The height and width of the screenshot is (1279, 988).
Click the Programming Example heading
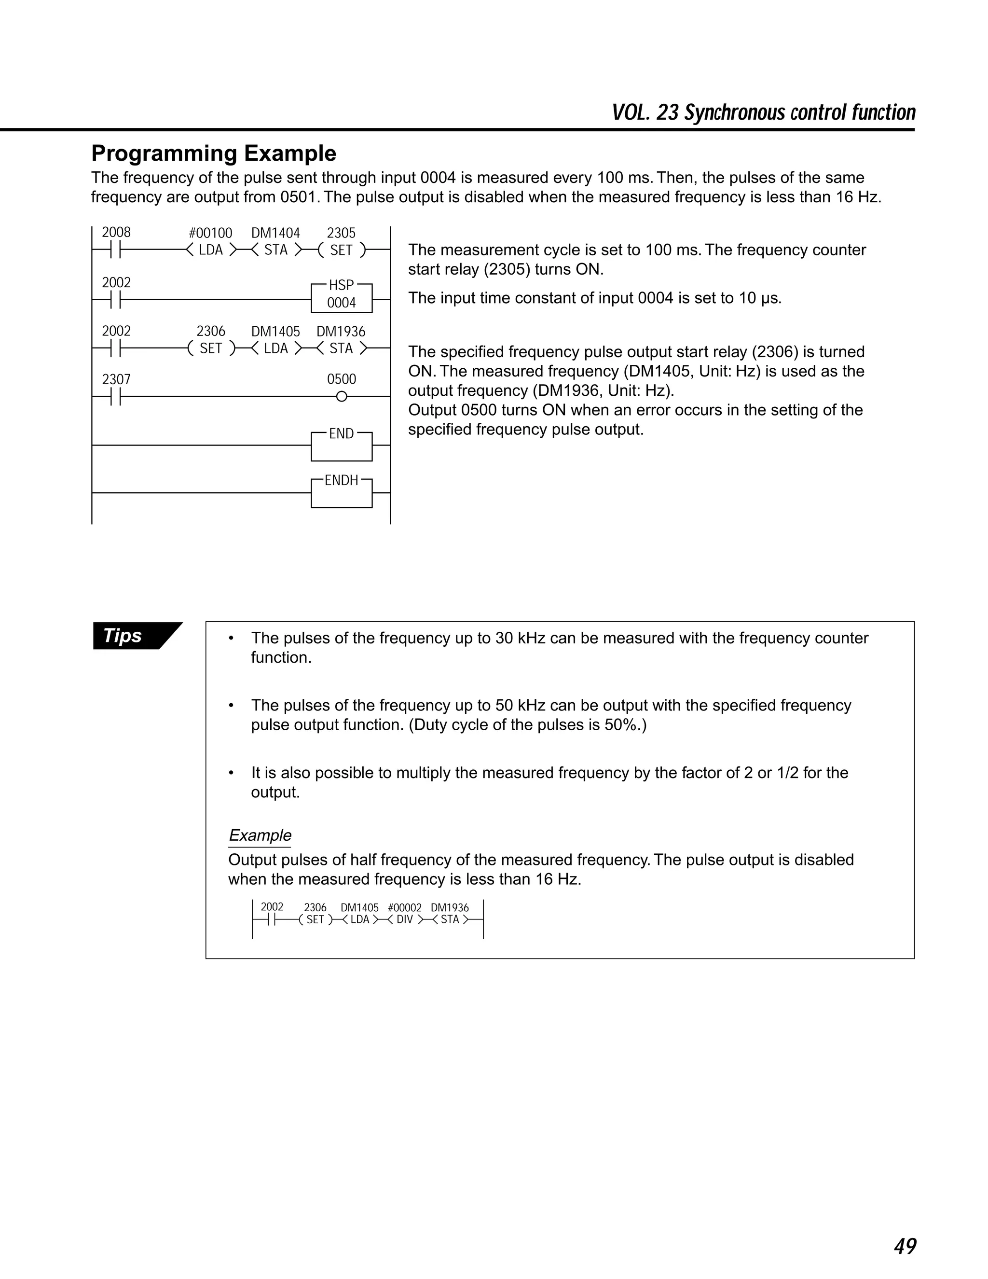tap(214, 153)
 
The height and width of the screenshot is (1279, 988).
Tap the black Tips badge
tap(130, 636)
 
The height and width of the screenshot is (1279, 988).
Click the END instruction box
tap(341, 445)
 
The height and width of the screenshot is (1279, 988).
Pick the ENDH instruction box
tap(341, 492)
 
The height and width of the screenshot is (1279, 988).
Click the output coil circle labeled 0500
tap(342, 396)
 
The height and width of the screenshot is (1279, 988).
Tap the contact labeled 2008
tap(116, 250)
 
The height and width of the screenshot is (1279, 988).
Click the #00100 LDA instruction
tap(211, 250)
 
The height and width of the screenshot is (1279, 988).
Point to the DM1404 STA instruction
tap(275, 250)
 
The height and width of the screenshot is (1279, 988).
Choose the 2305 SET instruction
tap(341, 250)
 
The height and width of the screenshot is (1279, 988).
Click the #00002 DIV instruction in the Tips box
tap(404, 919)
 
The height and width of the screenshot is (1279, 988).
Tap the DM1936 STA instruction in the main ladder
tap(341, 348)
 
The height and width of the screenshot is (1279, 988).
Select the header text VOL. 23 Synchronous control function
tap(763, 112)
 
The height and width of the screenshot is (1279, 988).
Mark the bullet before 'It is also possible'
tap(232, 774)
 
